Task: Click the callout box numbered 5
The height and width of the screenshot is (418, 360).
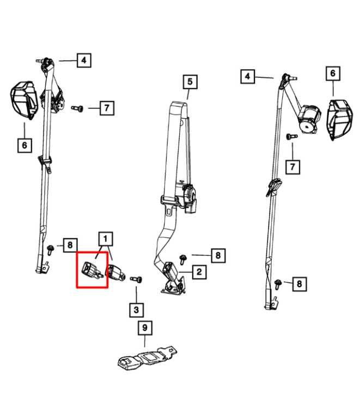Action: tap(190, 82)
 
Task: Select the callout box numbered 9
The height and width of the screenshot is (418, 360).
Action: tap(145, 328)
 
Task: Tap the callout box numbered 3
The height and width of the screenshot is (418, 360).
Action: tap(136, 310)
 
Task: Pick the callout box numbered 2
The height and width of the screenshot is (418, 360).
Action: tap(199, 272)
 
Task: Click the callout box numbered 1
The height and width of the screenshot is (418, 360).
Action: tap(106, 238)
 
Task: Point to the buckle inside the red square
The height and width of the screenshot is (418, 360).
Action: tap(91, 271)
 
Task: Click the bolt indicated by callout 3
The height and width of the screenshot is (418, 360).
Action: tap(136, 279)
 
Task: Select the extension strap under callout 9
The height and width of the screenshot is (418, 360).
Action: tap(147, 359)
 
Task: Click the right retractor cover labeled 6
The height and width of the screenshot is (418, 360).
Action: tap(339, 119)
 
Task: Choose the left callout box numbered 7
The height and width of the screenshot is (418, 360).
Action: tap(107, 108)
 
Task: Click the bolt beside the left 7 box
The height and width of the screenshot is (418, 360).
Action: tap(77, 108)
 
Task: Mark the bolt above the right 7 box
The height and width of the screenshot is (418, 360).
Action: tap(292, 137)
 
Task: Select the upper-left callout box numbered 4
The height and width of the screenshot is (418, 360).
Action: tap(84, 60)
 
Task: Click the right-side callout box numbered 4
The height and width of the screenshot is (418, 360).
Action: tap(247, 77)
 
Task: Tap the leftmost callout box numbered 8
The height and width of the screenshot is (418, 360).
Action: tap(70, 245)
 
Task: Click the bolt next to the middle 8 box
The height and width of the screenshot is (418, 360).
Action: tap(183, 260)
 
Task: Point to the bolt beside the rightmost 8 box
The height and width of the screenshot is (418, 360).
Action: tap(278, 284)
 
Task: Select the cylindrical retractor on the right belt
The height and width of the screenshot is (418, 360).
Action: tap(309, 119)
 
